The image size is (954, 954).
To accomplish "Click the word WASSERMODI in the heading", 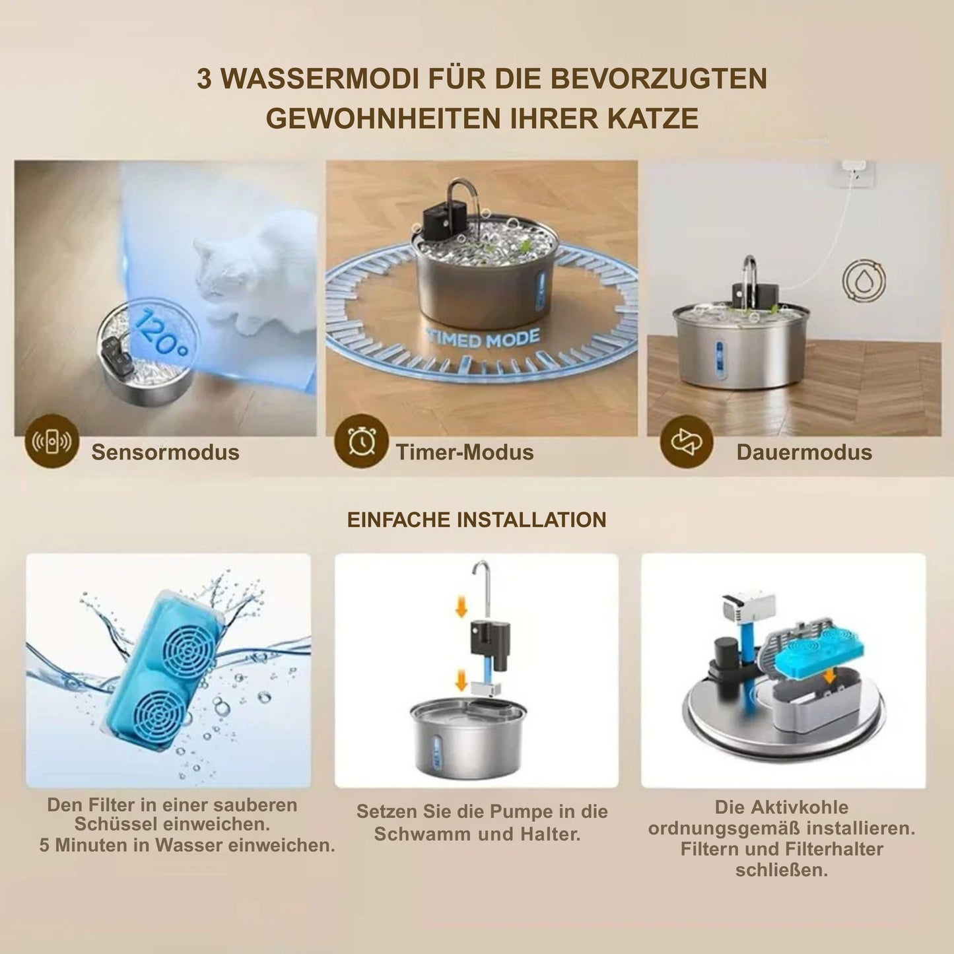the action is [x=318, y=79].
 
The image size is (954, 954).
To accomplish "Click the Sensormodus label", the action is [x=165, y=452].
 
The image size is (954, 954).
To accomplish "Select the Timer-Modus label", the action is [x=465, y=452].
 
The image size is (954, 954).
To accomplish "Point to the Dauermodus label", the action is [x=804, y=452].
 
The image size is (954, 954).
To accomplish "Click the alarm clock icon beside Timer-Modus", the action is [x=361, y=441].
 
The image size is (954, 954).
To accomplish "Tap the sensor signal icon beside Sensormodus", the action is [x=52, y=441].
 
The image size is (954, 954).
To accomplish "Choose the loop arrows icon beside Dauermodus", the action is [x=687, y=441].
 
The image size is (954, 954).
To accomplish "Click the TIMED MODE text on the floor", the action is [x=483, y=339].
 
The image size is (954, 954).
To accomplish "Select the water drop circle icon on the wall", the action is [x=864, y=280].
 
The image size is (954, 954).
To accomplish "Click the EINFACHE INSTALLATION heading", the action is [x=477, y=520].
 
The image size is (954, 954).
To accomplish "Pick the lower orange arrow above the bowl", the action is [x=461, y=680].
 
